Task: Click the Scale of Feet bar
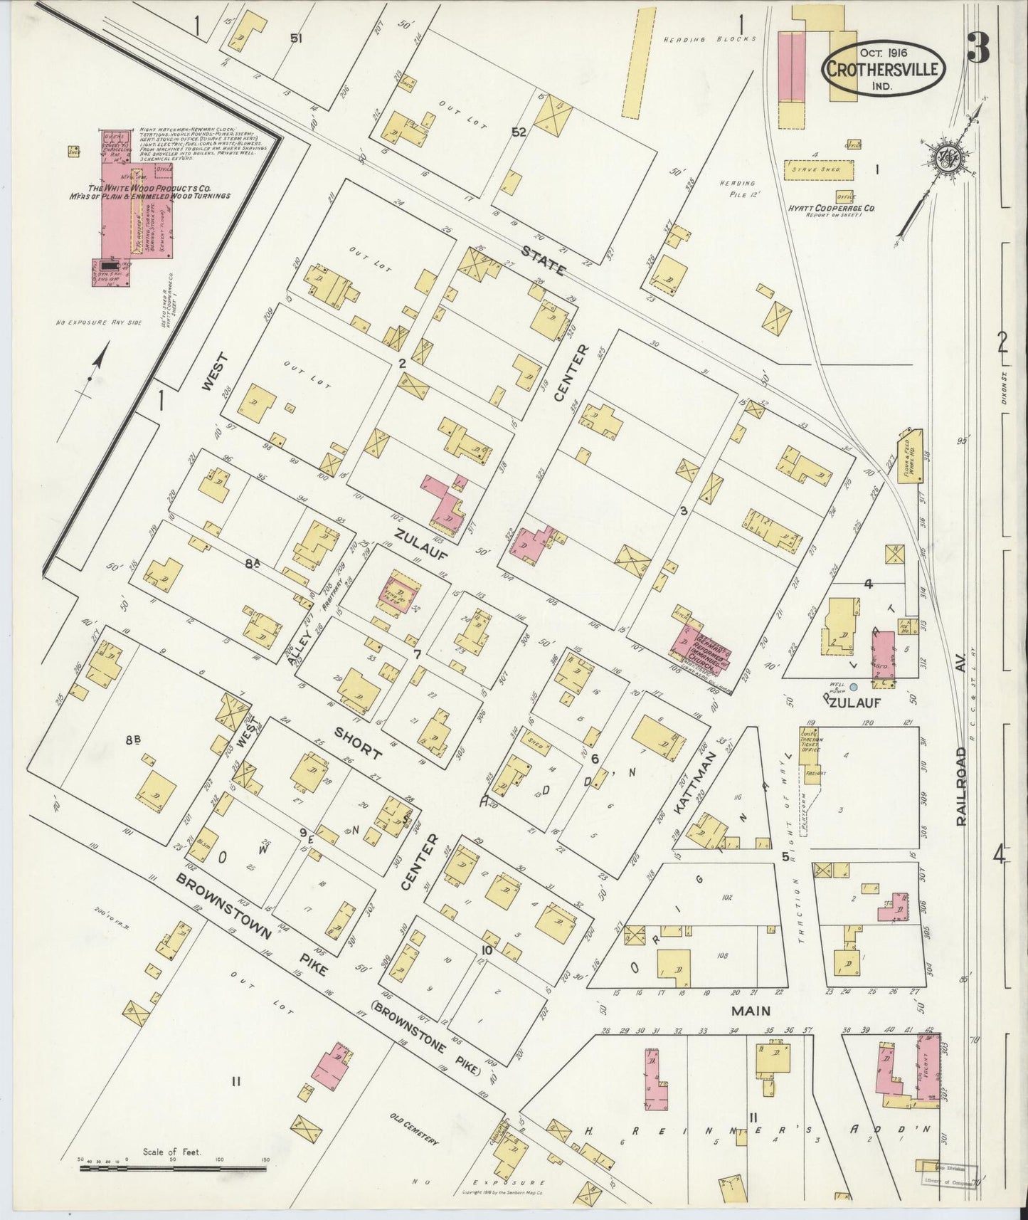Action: click(x=174, y=1167)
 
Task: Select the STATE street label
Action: click(x=543, y=260)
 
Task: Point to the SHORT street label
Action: click(x=358, y=743)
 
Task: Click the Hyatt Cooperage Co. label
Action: click(x=831, y=207)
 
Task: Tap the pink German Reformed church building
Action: click(x=701, y=648)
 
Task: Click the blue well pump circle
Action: click(x=854, y=685)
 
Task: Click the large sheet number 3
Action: click(x=982, y=51)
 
